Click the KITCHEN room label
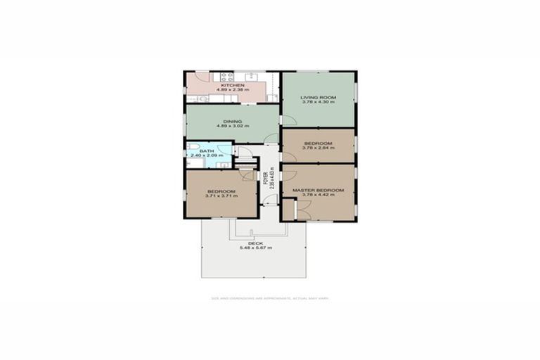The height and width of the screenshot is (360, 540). click(232, 85)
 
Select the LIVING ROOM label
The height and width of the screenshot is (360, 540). click(317, 97)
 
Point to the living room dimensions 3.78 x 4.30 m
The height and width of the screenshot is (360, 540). click(317, 102)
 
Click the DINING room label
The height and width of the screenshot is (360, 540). click(232, 121)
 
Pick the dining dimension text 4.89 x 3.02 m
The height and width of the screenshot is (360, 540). click(232, 126)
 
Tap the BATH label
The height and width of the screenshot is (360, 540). click(206, 150)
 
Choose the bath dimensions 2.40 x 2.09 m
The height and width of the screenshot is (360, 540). click(207, 155)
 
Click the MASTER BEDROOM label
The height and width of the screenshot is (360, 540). click(319, 190)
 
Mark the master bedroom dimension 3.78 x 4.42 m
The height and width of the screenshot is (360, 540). click(319, 195)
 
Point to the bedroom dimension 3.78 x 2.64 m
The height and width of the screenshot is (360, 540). click(317, 148)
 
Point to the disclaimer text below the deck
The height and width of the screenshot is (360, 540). click(270, 298)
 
